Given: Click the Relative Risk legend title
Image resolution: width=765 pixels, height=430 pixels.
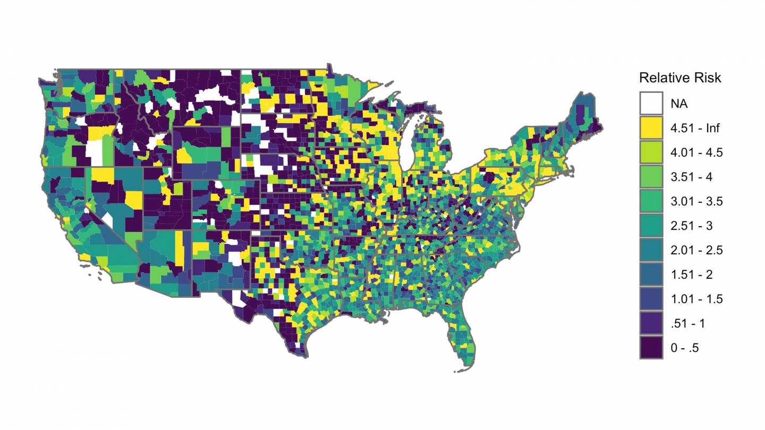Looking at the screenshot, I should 680,78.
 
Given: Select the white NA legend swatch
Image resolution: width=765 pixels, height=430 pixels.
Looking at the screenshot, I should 651,103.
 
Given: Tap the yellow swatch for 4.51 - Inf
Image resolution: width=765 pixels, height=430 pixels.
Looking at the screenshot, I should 651,127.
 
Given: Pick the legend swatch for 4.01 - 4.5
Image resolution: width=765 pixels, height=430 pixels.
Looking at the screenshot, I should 651,152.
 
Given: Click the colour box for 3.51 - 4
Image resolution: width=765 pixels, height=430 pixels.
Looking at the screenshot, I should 651,177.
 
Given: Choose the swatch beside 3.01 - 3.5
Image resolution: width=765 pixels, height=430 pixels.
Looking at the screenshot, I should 651,201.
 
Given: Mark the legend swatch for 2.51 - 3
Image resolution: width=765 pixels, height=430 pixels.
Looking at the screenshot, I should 651,226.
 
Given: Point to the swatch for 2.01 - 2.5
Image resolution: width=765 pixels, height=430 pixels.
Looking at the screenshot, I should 651,250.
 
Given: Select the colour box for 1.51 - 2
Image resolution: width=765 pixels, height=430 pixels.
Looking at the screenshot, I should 651,274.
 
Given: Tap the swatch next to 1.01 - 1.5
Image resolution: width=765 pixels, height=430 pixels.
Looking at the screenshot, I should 651,299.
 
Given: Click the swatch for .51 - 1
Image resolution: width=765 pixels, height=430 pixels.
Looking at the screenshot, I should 651,323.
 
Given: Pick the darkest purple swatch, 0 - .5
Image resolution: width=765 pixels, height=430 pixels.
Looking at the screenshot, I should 651,348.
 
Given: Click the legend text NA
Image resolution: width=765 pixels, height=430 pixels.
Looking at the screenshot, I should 679,104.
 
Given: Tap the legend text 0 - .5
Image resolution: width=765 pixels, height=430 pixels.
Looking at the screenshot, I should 684,348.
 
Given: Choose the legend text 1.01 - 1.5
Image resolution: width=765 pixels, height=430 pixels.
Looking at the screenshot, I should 696,299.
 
